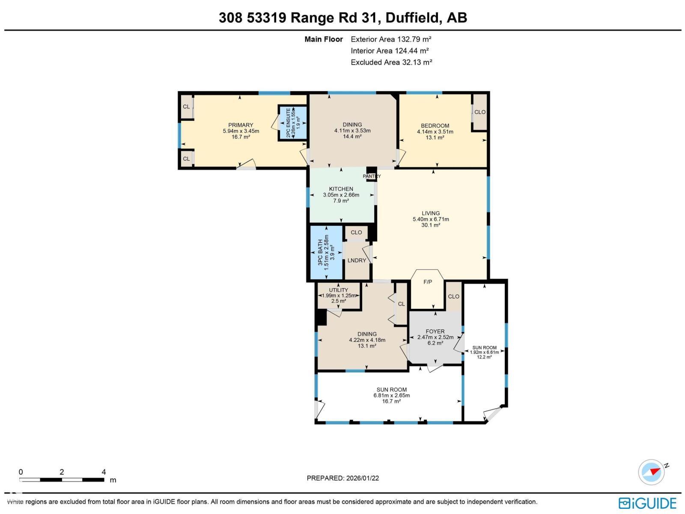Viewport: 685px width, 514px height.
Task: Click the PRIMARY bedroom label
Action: (241, 125)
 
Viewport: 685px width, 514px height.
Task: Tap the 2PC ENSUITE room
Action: (292, 123)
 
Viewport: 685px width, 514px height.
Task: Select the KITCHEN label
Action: (341, 189)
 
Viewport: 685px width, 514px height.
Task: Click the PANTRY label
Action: (372, 176)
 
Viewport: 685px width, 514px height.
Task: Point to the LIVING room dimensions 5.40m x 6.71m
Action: (431, 219)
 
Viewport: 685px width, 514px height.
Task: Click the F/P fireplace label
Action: (427, 282)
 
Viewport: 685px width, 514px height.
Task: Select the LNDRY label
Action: (357, 260)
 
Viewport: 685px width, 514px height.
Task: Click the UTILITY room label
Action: (338, 290)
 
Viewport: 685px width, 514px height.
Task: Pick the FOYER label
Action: (435, 331)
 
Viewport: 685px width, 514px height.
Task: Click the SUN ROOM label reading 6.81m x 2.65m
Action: (391, 395)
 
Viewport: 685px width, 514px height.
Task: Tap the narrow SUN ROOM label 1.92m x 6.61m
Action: (484, 352)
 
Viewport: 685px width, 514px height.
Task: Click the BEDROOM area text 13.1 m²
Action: (435, 137)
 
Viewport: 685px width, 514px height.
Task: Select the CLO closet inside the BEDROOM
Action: (480, 112)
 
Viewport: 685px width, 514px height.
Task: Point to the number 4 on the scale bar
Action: (104, 472)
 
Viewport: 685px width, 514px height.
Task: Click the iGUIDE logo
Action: (648, 502)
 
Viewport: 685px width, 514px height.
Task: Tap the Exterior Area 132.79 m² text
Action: (391, 39)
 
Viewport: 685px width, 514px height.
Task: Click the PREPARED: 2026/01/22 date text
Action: (342, 478)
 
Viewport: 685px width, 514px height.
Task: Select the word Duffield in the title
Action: (413, 18)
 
